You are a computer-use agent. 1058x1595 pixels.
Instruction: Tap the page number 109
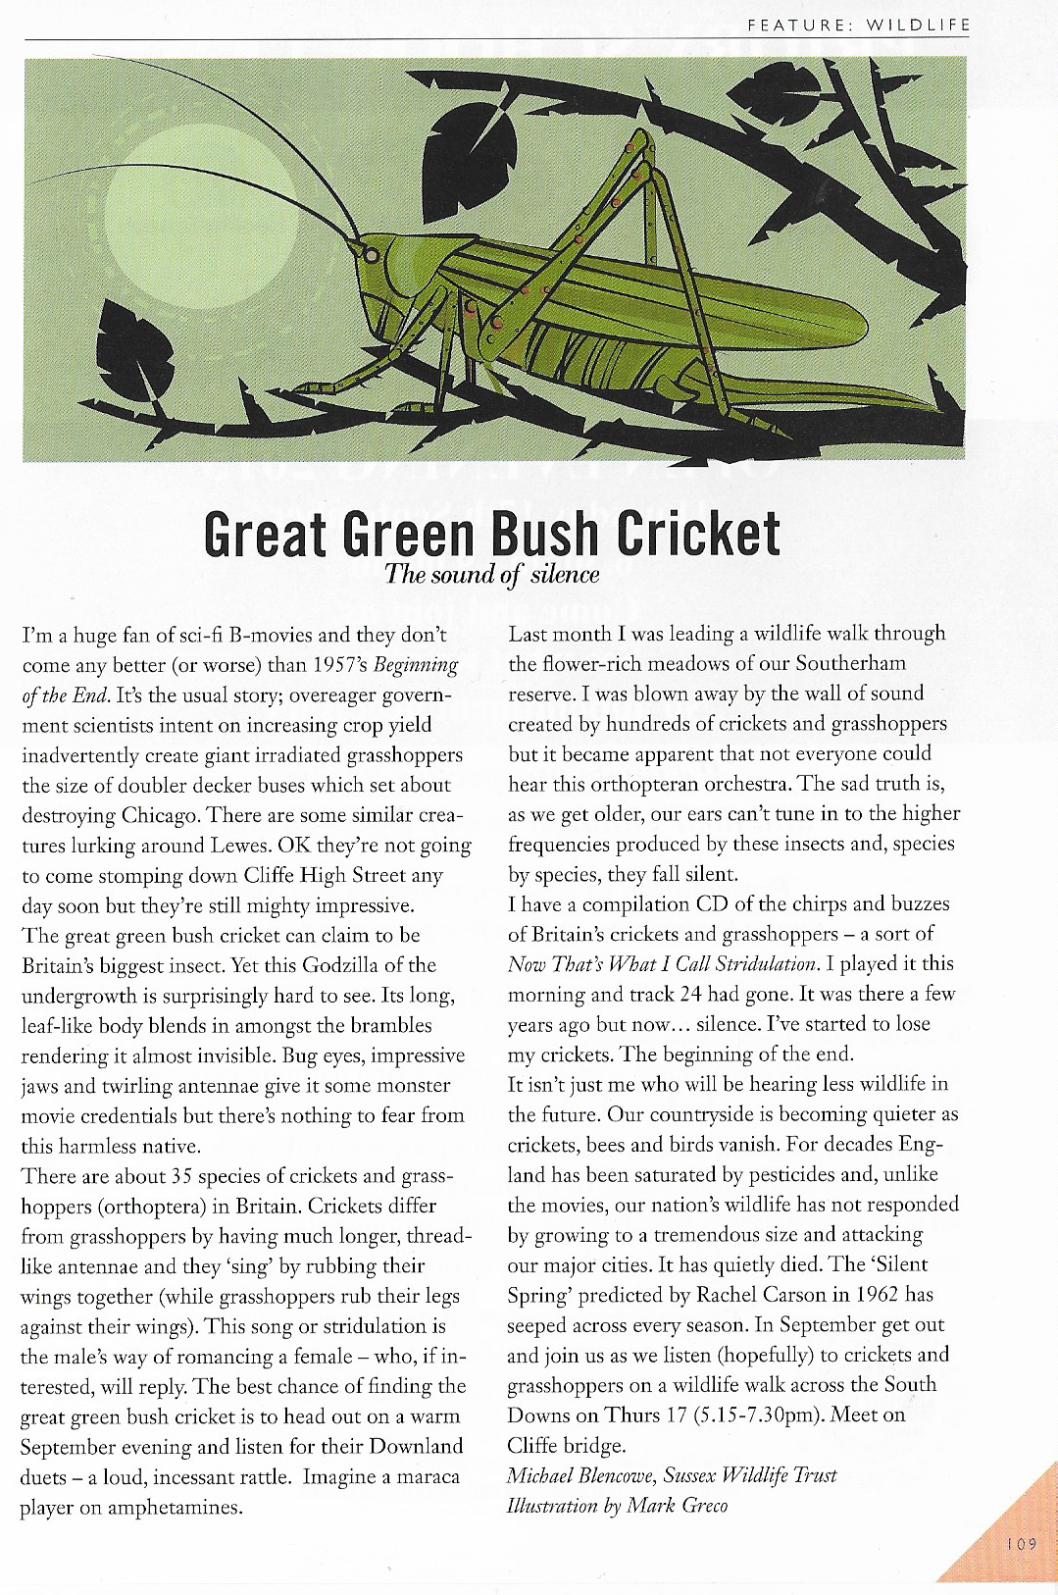pyautogui.click(x=1021, y=1544)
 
